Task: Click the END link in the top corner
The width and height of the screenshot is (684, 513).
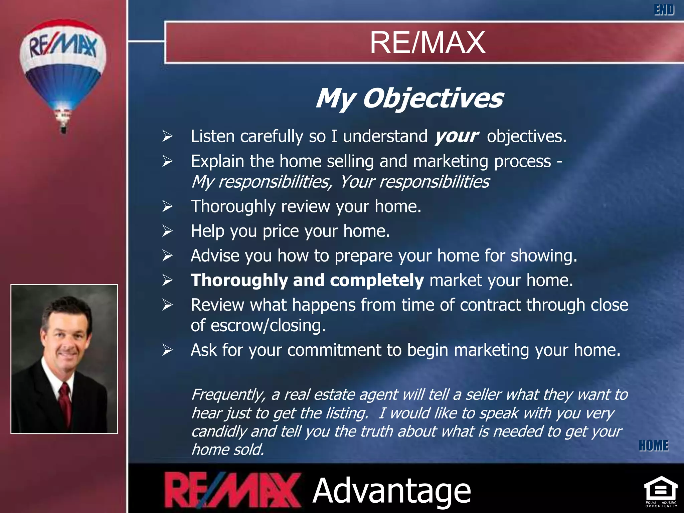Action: [664, 10]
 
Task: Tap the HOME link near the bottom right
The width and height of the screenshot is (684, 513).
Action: [653, 446]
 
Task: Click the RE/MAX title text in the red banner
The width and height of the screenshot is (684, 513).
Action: [427, 42]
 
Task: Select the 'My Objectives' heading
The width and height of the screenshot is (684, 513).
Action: [409, 98]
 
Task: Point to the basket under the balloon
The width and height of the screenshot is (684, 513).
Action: [63, 128]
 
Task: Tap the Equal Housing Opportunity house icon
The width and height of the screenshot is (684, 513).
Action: [661, 490]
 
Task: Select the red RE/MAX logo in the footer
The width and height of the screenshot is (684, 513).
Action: [232, 490]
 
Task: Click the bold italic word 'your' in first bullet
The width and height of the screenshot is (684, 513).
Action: [456, 136]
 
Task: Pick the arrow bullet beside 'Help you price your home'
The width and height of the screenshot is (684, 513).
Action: [167, 231]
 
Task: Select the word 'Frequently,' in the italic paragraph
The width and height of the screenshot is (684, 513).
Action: [228, 395]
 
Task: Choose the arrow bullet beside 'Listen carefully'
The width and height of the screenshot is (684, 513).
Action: [167, 136]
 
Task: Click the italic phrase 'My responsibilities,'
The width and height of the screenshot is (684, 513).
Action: [262, 182]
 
